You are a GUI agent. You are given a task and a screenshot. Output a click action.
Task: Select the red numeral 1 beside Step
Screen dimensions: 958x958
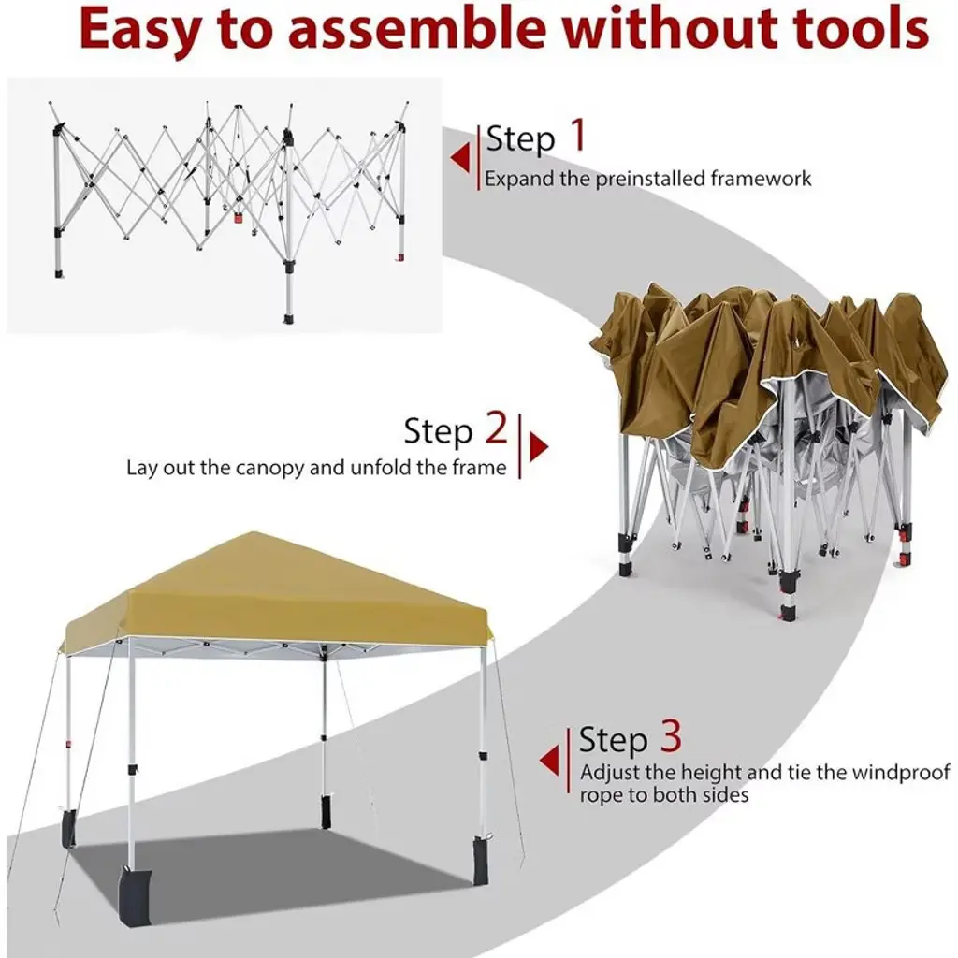tap(578, 135)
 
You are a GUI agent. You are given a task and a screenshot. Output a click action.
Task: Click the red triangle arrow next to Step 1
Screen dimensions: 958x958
tap(460, 157)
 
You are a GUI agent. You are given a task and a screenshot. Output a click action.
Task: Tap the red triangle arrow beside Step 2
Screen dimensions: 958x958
tap(538, 446)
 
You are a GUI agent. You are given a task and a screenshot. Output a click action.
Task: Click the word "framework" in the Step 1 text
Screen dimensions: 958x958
tap(761, 179)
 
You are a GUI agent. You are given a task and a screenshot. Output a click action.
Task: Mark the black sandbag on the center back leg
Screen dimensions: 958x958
tap(324, 812)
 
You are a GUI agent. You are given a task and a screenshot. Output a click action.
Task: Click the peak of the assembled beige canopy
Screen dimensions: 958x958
tap(252, 532)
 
